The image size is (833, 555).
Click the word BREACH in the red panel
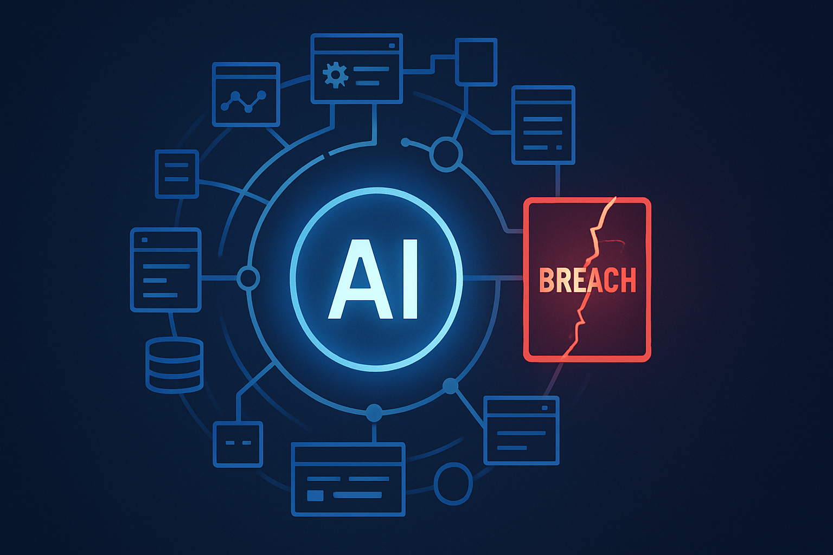[587, 280]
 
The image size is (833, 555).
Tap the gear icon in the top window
[335, 75]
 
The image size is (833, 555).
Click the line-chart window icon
[246, 95]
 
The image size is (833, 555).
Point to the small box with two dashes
[238, 444]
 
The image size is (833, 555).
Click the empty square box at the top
[476, 62]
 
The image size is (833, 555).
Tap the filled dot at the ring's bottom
[374, 413]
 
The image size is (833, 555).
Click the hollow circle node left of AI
[248, 278]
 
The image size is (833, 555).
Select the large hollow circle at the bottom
[453, 483]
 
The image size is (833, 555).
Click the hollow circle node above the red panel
[446, 154]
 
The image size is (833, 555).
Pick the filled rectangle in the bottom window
[315, 495]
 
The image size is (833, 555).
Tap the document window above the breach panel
[543, 125]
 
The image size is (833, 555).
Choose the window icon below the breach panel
[521, 430]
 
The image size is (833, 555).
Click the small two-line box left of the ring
[177, 173]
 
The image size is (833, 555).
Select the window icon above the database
[166, 269]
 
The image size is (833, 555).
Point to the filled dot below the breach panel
[450, 386]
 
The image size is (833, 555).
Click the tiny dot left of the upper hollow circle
[405, 142]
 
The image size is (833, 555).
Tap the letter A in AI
[354, 279]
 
